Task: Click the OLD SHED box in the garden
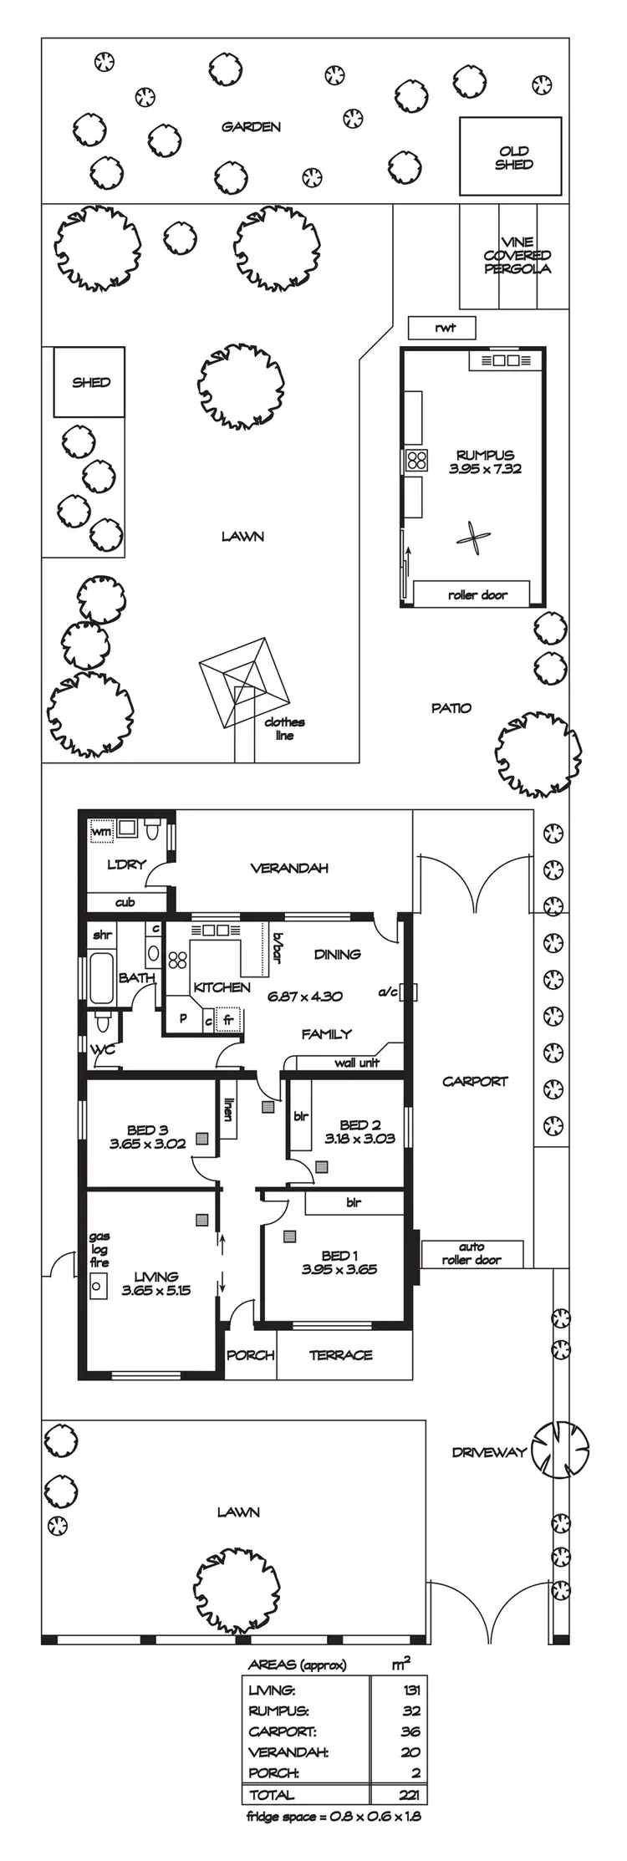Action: pos(510,156)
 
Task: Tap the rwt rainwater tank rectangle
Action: pos(442,327)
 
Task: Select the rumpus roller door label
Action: pos(477,594)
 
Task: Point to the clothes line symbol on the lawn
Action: pos(243,671)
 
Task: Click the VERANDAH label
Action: pos(289,868)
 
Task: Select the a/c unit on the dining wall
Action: pos(408,992)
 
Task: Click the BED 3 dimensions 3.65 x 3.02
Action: pos(147,1144)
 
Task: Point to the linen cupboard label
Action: pos(227,1109)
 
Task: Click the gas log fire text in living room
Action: pos(99,1249)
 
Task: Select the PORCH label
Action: pos(251,1354)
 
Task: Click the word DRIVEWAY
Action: pos(489,1452)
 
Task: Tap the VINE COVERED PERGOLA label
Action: pos(517,255)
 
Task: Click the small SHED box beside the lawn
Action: pos(89,382)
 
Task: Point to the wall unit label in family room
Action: pos(357,1063)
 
